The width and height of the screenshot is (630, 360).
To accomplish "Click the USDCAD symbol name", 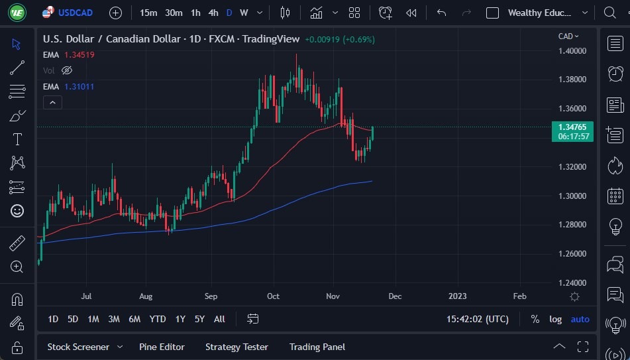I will (76, 13).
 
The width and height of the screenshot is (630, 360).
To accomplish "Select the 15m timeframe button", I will (148, 13).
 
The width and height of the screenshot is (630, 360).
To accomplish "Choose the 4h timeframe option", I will (213, 13).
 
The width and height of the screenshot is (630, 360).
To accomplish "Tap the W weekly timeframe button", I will (244, 13).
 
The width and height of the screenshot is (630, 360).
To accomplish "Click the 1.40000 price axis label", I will (572, 51).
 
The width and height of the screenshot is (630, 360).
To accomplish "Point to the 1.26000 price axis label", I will (572, 254).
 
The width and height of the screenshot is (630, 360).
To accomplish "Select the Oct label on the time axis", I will (272, 296).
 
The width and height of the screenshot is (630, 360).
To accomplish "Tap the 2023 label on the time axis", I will (456, 296).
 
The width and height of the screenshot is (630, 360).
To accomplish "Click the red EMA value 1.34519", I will (79, 55).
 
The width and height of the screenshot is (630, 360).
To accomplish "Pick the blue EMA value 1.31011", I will (79, 87).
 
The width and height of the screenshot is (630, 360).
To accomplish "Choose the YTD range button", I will (158, 320).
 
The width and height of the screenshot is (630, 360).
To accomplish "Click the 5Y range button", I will (199, 320).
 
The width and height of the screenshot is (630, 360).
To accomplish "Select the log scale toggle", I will (555, 320).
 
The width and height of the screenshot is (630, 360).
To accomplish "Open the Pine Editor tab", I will (162, 347).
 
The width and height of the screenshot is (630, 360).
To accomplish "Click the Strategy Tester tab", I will (236, 347).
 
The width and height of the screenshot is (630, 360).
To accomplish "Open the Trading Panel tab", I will (317, 347).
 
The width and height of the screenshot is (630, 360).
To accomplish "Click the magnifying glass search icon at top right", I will (610, 13).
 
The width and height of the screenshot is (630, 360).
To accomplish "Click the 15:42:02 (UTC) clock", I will (478, 320).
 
